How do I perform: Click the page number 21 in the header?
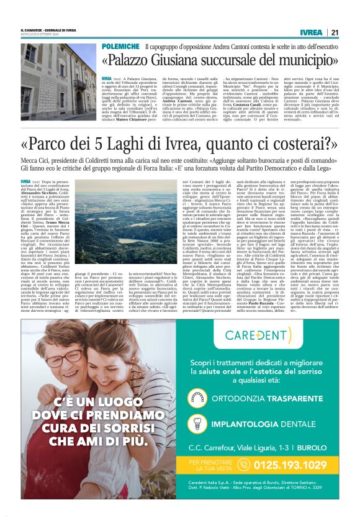[334, 32]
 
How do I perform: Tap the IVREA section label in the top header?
[310, 32]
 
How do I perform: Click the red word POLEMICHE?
[120, 47]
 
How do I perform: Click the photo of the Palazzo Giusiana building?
[59, 80]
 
